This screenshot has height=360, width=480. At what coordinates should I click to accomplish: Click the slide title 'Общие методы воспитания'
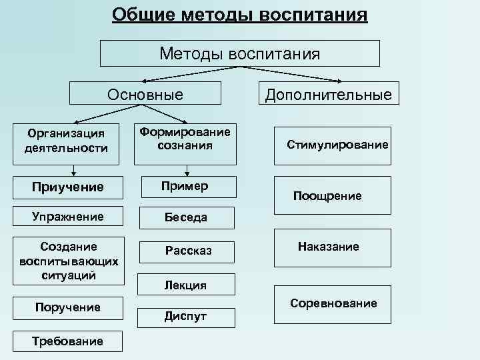239,15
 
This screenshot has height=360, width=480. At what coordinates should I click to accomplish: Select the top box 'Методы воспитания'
239,53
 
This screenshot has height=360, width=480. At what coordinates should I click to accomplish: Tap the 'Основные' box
145,94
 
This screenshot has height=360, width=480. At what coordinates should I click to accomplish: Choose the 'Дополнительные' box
328,94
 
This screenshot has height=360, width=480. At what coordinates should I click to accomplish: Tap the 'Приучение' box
67,187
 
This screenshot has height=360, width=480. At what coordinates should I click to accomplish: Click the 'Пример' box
185,186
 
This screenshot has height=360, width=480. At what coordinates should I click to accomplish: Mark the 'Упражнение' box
67,217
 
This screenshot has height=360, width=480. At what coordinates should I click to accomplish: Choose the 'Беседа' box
185,217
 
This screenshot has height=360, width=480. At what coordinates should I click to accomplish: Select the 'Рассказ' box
187,251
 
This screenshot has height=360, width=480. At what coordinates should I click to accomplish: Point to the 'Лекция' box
185,285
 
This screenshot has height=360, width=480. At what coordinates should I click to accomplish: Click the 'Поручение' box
67,307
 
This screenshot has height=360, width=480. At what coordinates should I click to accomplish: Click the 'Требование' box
67,341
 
